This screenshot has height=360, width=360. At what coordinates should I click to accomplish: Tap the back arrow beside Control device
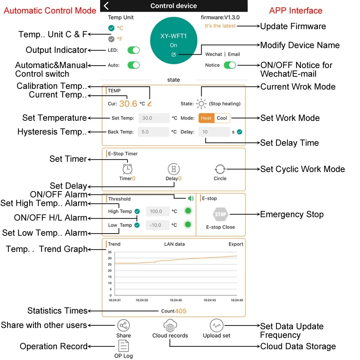(x=106, y=6)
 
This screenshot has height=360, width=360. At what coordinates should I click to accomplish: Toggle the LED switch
(x=134, y=50)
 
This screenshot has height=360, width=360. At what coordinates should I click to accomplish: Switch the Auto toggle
(x=134, y=65)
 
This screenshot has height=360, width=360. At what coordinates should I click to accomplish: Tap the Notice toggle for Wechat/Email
(x=230, y=65)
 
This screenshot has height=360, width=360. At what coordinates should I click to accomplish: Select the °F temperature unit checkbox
(x=111, y=39)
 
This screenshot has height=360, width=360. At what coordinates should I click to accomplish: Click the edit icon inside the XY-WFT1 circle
(x=174, y=54)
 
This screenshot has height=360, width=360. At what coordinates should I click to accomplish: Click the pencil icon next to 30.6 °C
(x=149, y=104)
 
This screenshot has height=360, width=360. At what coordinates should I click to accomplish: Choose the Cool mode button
(x=222, y=118)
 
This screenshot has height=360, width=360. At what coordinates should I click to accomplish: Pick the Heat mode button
(x=206, y=118)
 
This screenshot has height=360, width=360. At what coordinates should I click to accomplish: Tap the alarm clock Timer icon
(x=127, y=169)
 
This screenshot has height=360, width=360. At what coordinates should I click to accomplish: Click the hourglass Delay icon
(x=174, y=169)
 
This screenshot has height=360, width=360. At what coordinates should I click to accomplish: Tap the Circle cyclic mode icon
(x=220, y=169)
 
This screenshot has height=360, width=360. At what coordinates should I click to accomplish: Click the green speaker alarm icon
(x=190, y=198)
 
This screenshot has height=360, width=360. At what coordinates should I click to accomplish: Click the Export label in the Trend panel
(x=236, y=244)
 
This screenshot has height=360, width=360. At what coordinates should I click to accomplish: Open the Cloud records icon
(x=170, y=326)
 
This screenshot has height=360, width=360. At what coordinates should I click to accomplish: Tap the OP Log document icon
(x=123, y=346)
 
